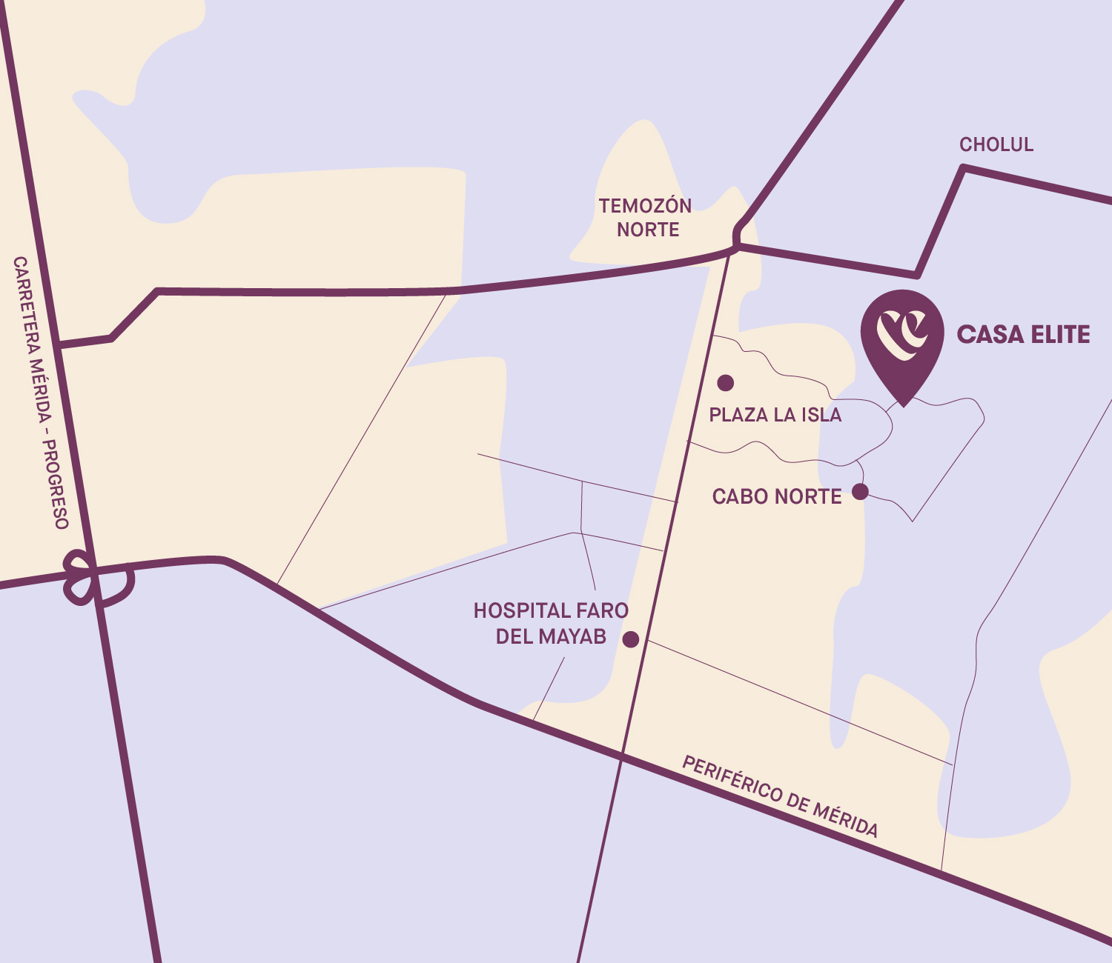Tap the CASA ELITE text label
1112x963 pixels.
click(x=1023, y=335)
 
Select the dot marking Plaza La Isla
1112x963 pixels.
click(x=726, y=383)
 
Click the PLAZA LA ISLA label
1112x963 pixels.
click(x=775, y=415)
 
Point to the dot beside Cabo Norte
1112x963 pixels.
click(x=860, y=492)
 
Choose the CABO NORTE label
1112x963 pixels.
click(x=777, y=496)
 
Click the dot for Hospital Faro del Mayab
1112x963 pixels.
click(x=631, y=639)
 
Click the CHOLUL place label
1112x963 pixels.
click(x=996, y=144)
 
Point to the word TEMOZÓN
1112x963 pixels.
click(x=645, y=206)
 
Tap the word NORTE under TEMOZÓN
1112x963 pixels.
click(x=648, y=230)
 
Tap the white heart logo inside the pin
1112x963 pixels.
click(x=902, y=333)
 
